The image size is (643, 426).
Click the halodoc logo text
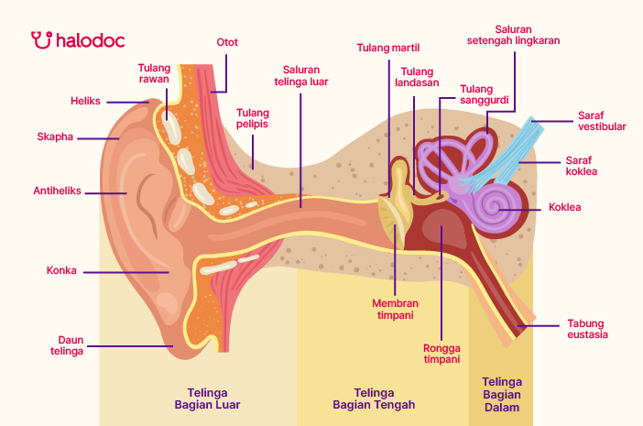click(90, 40)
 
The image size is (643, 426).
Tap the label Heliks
click(85, 101)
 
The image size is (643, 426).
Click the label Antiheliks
click(58, 191)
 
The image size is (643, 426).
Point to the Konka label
click(61, 271)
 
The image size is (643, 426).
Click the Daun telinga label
click(67, 344)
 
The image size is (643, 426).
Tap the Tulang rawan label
click(155, 72)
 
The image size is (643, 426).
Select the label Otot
click(227, 42)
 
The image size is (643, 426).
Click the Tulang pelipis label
click(253, 119)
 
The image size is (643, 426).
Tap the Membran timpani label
click(395, 309)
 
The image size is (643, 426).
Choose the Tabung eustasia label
click(587, 329)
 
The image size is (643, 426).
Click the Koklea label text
click(564, 208)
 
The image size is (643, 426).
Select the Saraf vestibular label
click(602, 121)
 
